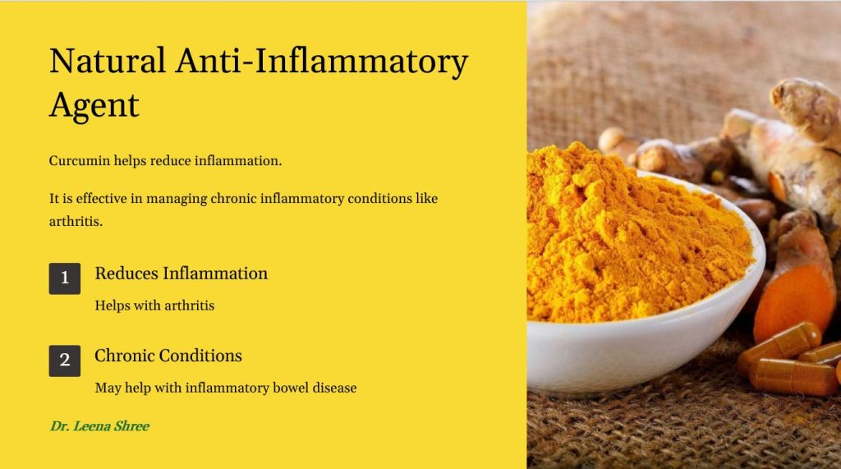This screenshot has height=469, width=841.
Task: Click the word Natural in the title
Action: pos(108,60)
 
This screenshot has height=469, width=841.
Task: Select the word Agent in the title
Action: pos(94,106)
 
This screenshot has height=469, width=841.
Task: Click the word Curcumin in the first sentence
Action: pos(80,160)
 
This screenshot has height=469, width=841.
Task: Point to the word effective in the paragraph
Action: pos(101,198)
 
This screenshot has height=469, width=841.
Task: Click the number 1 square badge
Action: pos(65,278)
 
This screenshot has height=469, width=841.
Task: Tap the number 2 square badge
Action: pos(65,361)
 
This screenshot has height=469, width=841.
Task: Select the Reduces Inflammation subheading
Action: pos(182,274)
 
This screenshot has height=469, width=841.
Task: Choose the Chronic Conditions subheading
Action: pos(168,355)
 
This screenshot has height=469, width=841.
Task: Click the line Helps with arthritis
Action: pos(154,306)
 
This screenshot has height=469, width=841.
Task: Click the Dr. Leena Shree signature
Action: pos(99,426)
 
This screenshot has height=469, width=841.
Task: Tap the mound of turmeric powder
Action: pos(633,236)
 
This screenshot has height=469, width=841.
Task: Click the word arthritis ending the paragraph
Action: pos(76,221)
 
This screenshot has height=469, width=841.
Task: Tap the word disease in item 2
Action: pos(335,388)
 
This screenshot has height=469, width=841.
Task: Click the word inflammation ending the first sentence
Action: pos(238,160)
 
